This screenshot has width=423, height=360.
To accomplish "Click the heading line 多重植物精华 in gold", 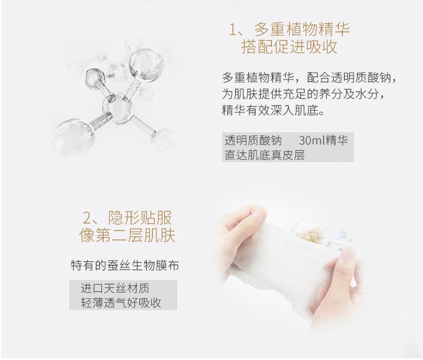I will point(301,29).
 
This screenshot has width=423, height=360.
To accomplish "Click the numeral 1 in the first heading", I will point(233,29).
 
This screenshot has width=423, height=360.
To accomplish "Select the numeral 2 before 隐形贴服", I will point(87,218).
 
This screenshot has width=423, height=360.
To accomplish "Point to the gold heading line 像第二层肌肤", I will point(127,235).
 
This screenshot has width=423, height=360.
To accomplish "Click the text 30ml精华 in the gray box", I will point(323,141).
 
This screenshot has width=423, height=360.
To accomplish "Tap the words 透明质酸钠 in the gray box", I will point(253,141).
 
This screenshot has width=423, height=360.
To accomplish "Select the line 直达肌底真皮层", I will point(265,155).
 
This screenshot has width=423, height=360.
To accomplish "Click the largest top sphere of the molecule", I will point(146,65).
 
